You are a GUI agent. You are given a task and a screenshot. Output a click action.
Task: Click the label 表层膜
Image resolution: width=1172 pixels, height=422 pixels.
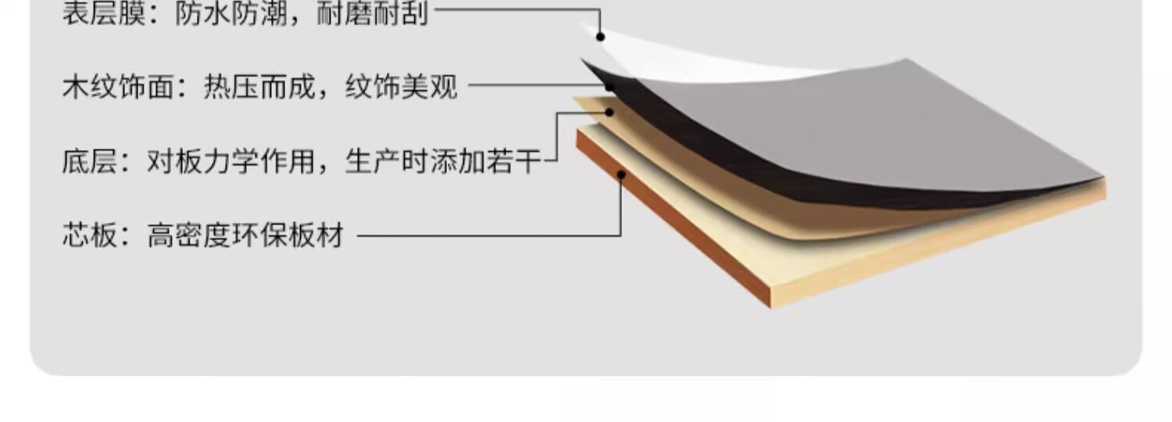[x=103, y=14]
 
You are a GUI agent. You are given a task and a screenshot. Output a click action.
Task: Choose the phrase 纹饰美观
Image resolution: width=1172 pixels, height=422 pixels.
[x=401, y=87]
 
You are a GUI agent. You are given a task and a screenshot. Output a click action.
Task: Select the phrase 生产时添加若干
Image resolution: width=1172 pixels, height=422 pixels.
[x=443, y=162]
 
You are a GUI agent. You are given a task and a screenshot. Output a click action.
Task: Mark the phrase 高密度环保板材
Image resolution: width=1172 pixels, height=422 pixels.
[x=245, y=234]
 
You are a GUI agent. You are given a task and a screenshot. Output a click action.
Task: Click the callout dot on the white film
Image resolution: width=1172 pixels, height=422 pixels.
[x=600, y=36]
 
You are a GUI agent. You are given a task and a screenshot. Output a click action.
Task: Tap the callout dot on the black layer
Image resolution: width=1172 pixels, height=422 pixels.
[x=609, y=87]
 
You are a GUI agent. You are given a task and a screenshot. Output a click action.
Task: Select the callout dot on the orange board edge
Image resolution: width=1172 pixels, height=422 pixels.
[x=621, y=174]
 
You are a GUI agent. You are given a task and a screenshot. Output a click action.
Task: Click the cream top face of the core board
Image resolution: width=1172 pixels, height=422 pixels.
[x=781, y=250]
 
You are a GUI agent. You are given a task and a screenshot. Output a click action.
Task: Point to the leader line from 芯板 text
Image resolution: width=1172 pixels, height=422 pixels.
[x=484, y=234]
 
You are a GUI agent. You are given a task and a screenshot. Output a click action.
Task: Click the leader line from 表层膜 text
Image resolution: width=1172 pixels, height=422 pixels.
[x=516, y=9]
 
